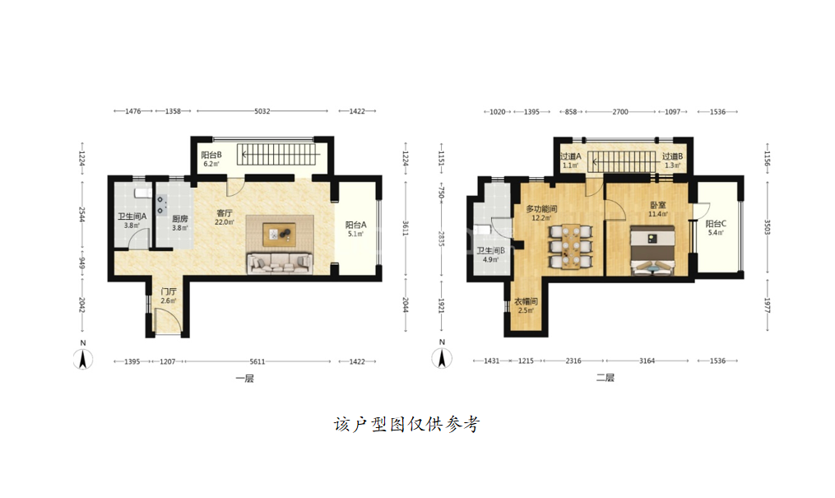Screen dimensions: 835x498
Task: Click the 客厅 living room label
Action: point(225,213)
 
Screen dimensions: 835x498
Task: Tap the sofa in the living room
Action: point(280,263)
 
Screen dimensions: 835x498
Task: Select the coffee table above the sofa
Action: point(280,235)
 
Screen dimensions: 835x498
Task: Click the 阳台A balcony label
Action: point(355,226)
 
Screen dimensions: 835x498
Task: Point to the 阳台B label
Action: point(211,155)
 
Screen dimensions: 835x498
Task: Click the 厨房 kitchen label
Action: point(180,219)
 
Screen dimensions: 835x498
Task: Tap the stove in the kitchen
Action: point(161,204)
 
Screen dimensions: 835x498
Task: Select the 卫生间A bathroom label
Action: point(132,216)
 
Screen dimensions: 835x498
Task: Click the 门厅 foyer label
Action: point(169,292)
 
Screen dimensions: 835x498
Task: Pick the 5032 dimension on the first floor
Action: point(262,111)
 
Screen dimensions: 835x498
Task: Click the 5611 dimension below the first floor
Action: point(257,361)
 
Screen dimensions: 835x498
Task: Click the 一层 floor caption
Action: point(245,379)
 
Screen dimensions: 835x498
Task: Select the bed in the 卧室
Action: point(652,250)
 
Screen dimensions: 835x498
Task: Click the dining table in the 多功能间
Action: point(570,246)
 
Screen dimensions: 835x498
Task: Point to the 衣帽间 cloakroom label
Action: point(526,301)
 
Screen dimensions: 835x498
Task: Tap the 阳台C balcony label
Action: point(716,224)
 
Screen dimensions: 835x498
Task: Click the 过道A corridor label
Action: point(570,156)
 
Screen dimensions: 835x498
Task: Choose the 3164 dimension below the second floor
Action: point(647,361)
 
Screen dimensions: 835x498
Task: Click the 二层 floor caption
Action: point(605,378)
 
